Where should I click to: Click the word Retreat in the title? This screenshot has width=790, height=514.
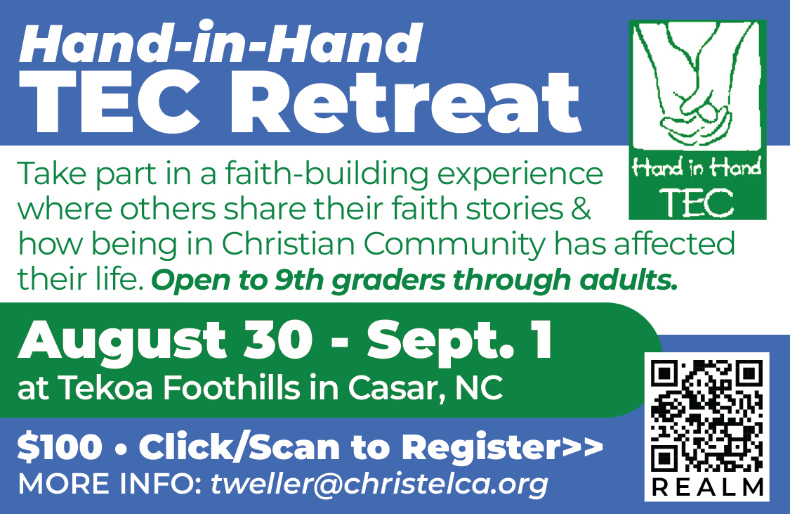tap(414, 102)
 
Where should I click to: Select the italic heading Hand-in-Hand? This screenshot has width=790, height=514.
tap(220, 42)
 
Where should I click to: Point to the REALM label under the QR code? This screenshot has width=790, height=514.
tap(707, 488)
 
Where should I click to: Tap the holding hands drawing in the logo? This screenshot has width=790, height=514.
tap(697, 86)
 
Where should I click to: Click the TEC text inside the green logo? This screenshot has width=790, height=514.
tap(697, 203)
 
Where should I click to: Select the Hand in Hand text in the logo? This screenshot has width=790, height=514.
tap(697, 167)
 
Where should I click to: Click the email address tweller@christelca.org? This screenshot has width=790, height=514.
tap(379, 484)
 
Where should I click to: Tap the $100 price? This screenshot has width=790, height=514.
tap(60, 447)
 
